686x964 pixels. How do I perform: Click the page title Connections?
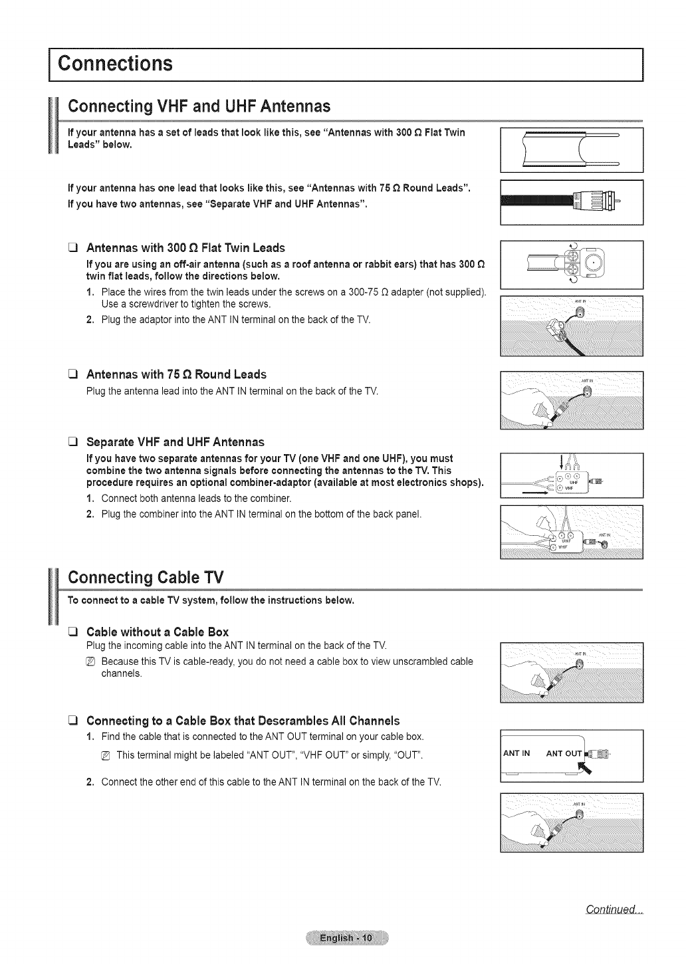(116, 64)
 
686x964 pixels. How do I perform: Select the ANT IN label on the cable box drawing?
(516, 753)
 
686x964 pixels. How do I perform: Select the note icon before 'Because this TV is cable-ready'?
(92, 662)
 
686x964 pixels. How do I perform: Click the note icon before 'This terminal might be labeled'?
(106, 756)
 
